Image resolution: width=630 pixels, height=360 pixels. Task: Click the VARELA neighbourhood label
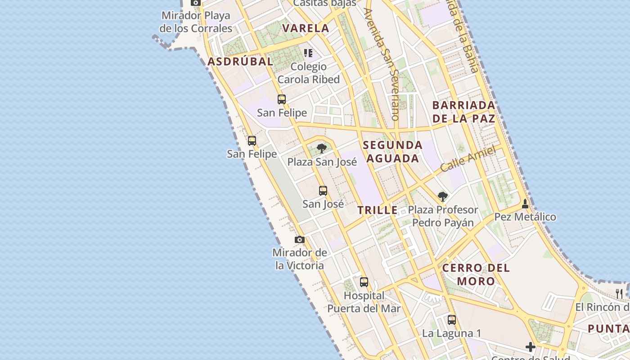(x=306, y=28)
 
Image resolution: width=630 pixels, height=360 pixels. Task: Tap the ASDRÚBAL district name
(x=240, y=62)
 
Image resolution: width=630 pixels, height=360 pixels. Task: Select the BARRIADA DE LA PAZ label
(x=463, y=112)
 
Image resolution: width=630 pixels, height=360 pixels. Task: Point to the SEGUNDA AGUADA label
(x=392, y=152)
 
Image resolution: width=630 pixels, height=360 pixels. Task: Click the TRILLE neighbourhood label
(x=378, y=210)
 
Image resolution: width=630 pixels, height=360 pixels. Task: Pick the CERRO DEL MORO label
(x=476, y=274)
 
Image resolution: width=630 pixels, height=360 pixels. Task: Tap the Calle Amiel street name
(x=468, y=158)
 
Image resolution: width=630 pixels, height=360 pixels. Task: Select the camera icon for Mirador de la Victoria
(x=300, y=239)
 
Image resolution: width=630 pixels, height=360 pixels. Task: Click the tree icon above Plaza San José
(x=321, y=148)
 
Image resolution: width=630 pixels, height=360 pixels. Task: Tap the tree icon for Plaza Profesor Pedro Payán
(x=443, y=196)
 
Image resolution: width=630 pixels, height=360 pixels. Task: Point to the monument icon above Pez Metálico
(x=525, y=204)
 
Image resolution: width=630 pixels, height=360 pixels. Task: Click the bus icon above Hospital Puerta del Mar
(x=364, y=282)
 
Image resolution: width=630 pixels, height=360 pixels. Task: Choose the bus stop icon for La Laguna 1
(x=452, y=320)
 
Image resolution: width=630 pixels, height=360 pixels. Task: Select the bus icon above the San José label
(x=323, y=190)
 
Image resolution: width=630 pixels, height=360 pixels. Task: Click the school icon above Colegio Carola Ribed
(x=308, y=53)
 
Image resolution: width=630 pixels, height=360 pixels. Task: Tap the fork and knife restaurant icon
(x=619, y=293)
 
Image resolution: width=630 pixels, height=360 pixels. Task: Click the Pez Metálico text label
(x=525, y=217)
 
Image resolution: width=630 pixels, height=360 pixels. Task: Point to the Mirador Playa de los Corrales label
(x=196, y=22)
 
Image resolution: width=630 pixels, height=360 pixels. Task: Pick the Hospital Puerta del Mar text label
(x=364, y=302)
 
